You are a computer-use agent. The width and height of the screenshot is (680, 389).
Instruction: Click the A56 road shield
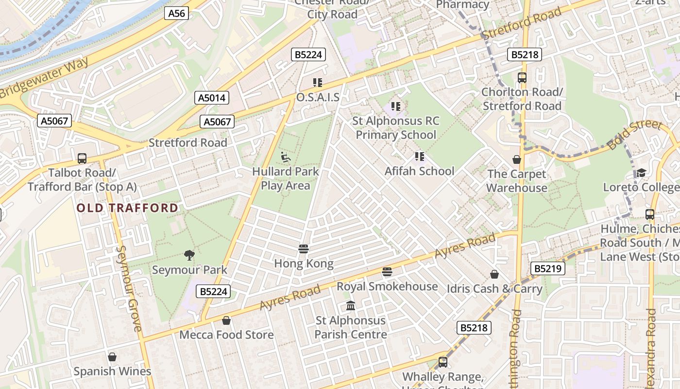tap(176, 13)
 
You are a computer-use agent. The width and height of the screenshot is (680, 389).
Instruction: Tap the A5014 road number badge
tap(212, 98)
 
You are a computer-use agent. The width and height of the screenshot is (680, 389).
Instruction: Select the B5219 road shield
tap(548, 268)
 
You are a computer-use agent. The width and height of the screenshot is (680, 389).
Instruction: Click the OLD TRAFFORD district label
tap(128, 208)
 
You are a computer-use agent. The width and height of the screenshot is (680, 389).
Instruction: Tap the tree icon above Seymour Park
tap(189, 254)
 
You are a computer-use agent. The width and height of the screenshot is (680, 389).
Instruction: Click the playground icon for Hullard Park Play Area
tap(286, 157)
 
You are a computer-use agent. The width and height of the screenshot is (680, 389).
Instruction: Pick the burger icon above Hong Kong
tap(304, 249)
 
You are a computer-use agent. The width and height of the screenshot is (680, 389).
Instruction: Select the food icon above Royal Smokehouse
tap(387, 271)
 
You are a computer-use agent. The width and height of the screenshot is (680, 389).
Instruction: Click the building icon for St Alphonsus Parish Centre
tap(351, 306)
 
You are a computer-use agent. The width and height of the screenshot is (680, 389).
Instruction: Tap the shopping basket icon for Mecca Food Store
tap(226, 320)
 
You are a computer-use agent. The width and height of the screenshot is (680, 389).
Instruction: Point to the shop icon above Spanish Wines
tap(112, 357)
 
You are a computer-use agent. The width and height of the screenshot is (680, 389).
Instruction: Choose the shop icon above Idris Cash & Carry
tap(494, 274)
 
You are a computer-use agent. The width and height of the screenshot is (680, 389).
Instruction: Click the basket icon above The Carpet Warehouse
tap(517, 159)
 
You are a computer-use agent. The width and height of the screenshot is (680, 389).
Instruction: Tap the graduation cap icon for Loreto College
tap(641, 173)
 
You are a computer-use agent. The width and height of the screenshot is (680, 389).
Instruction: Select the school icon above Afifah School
tap(420, 157)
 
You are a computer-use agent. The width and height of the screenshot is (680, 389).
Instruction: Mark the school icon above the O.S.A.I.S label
tap(318, 83)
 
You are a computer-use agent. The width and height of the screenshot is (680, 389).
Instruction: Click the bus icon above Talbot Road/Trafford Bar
tap(82, 158)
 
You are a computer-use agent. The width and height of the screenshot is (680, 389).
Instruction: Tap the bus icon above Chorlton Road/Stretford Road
tap(522, 77)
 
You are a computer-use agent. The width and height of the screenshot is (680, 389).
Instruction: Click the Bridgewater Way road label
tap(45, 78)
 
